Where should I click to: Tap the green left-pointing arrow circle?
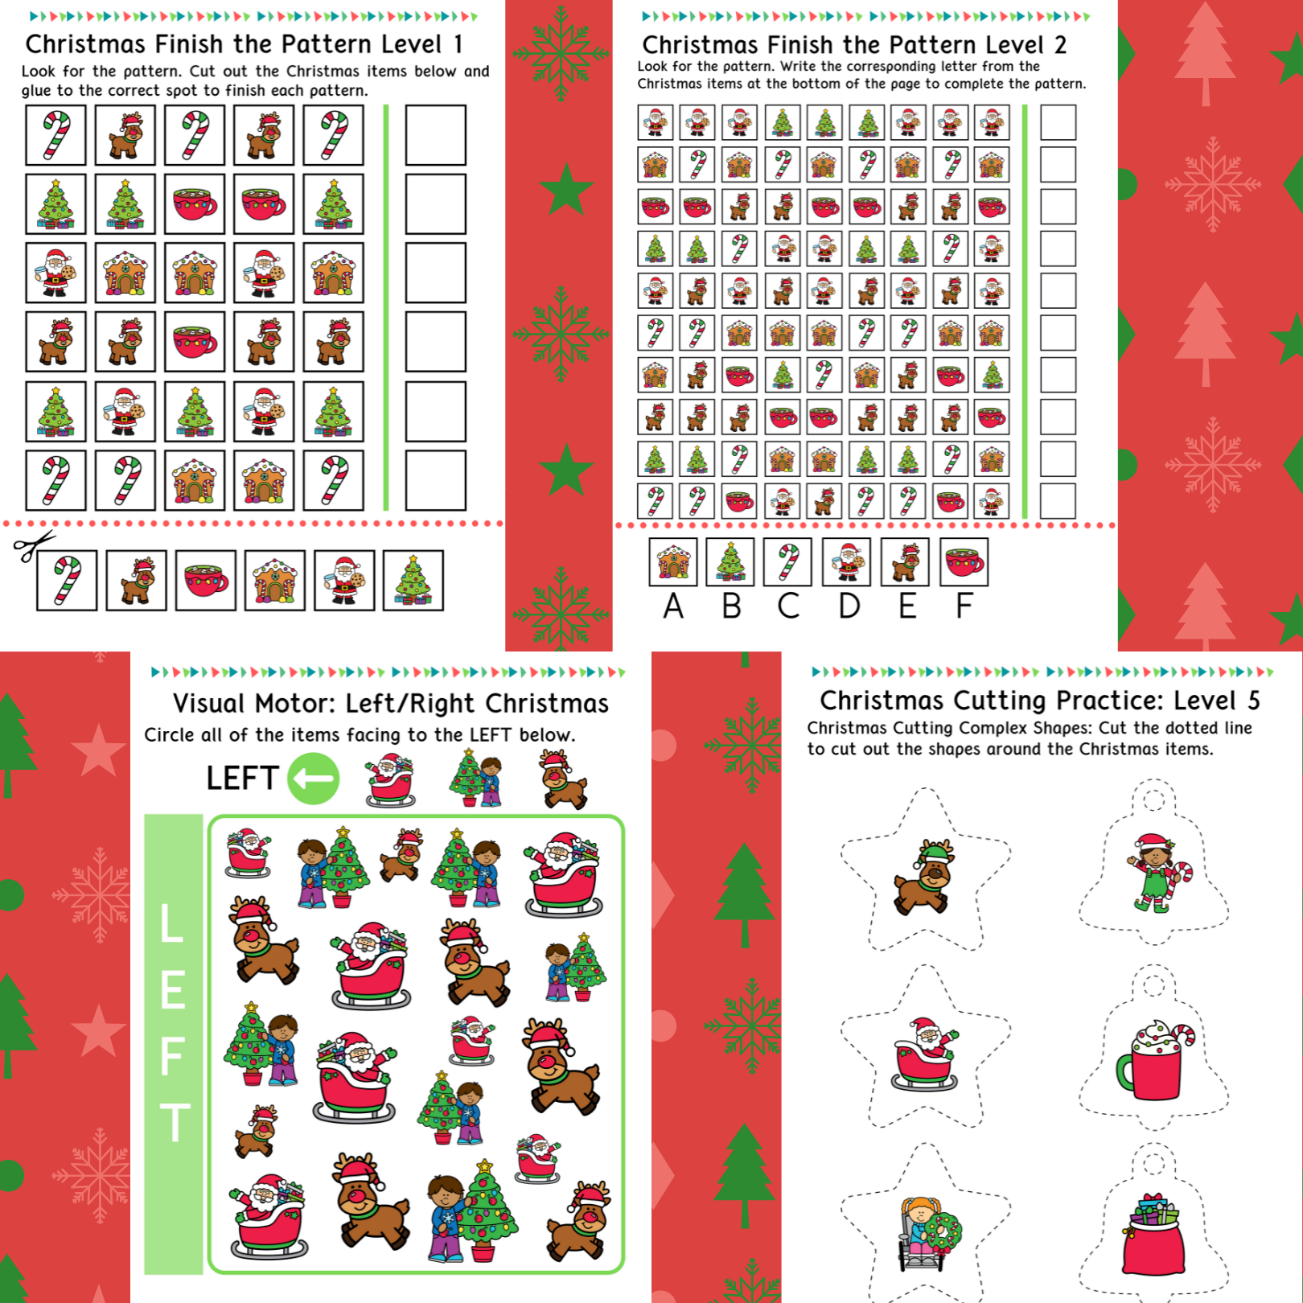[x=314, y=779]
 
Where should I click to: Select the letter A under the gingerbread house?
[x=673, y=606]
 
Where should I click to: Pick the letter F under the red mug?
[x=964, y=606]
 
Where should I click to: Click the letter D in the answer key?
[x=849, y=606]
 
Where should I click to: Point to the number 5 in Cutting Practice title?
[x=1253, y=701]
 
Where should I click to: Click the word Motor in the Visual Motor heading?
[x=294, y=704]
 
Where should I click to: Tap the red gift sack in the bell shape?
[x=1154, y=1235]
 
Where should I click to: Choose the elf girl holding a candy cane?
[x=1157, y=873]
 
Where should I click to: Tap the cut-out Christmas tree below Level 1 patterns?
[x=413, y=581]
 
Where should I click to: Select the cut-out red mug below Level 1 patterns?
[x=206, y=581]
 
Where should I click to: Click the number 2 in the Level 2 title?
[x=1060, y=45]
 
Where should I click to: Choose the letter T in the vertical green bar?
[x=174, y=1123]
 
